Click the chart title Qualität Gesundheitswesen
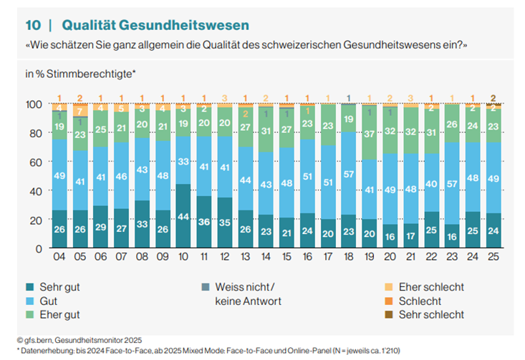[x=155, y=25]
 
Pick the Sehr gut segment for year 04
[x=59, y=229]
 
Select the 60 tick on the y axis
[x=37, y=162]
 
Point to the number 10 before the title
[x=33, y=25]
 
